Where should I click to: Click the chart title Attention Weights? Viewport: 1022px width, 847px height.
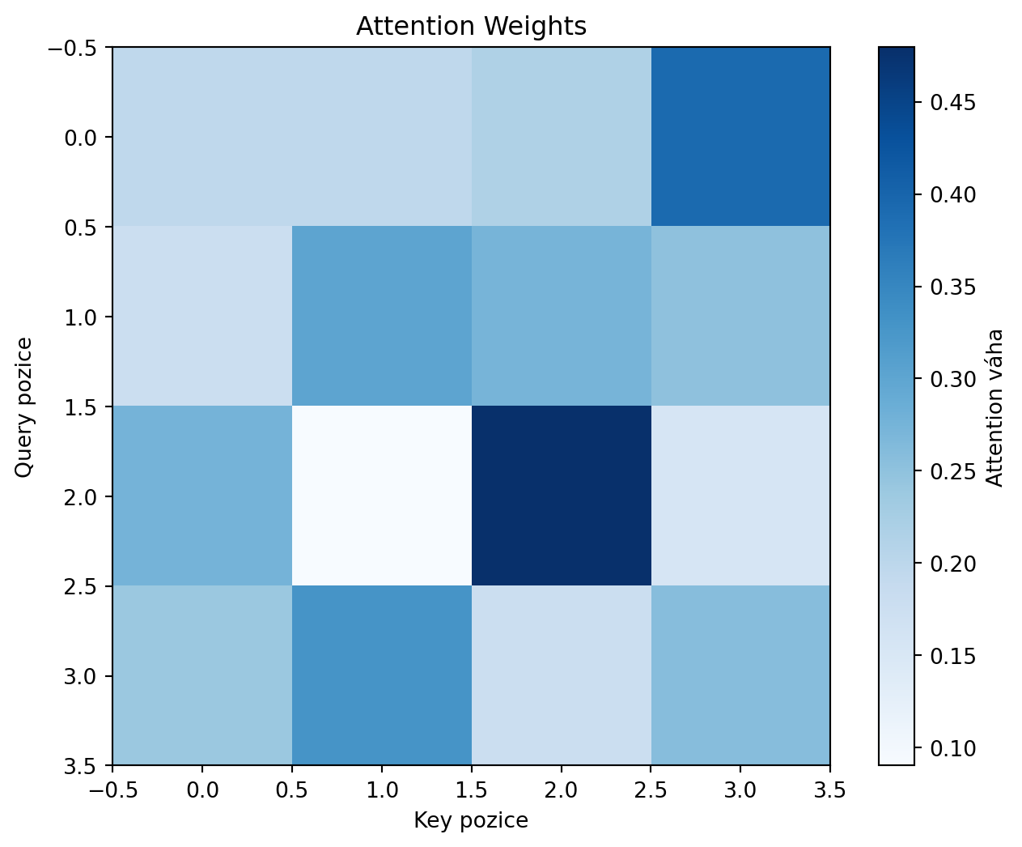[x=471, y=27]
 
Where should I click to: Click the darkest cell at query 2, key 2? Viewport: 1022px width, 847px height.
[x=561, y=496]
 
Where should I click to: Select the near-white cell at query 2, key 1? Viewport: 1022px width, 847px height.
[x=381, y=496]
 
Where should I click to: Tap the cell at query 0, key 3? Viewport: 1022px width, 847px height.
[x=740, y=137]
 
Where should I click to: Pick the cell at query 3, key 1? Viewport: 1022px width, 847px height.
[x=381, y=675]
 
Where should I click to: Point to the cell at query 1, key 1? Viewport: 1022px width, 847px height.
[x=381, y=317]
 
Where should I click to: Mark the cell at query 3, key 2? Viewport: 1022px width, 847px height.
[x=561, y=675]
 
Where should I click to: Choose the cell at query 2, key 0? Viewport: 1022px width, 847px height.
[x=201, y=496]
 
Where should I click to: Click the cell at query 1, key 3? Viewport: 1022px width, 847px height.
[x=740, y=317]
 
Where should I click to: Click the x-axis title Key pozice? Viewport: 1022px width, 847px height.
[x=471, y=821]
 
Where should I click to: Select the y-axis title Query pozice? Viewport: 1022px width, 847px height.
[x=24, y=406]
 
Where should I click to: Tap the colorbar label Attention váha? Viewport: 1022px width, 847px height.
[x=996, y=406]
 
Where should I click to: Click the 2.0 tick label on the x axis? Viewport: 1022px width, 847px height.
[x=561, y=790]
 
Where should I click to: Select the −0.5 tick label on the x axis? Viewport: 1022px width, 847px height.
[x=112, y=790]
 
